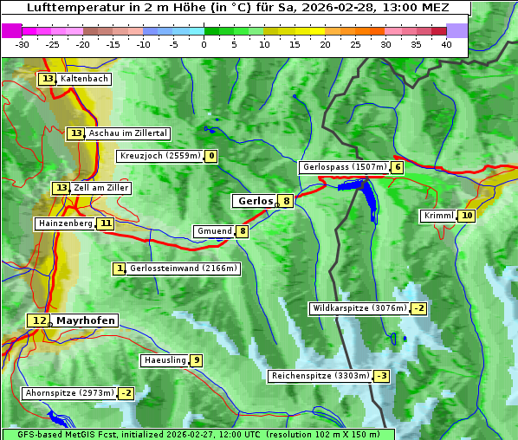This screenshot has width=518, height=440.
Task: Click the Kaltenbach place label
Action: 84,79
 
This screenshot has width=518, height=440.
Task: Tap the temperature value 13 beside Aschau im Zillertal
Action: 76,133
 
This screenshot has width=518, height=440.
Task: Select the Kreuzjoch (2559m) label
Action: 160,156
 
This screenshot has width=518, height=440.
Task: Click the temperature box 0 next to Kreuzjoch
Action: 210,156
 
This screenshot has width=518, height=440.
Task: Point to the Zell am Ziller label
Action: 101,188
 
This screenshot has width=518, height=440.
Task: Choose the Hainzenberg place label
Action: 64,223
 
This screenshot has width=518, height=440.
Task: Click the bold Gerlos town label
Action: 255,201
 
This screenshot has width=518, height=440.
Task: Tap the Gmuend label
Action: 214,231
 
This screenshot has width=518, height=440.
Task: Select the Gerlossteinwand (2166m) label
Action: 183,269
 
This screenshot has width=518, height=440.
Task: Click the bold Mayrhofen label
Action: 85,320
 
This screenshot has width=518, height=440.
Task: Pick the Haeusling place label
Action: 165,360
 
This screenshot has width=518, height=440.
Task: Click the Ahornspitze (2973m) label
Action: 69,393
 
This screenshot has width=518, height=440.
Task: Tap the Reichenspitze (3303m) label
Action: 321,376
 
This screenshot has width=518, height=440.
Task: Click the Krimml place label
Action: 438,216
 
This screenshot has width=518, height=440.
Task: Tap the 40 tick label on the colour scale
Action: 446,44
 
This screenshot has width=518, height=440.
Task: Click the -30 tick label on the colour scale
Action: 23,44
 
